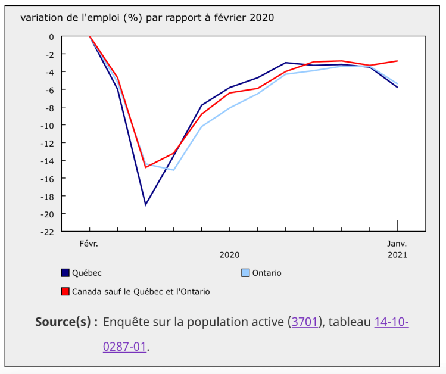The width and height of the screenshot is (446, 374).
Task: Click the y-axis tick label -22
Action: pyautogui.click(x=47, y=232)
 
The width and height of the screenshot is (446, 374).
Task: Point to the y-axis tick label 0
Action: pyautogui.click(x=51, y=37)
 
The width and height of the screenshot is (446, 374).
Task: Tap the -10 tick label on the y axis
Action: pyautogui.click(x=47, y=125)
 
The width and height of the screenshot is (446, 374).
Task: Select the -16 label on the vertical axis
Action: pyautogui.click(x=47, y=179)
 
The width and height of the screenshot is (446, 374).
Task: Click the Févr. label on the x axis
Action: pyautogui.click(x=89, y=244)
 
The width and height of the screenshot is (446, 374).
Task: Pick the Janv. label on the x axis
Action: pyautogui.click(x=397, y=244)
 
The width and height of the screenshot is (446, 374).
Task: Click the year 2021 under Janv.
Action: pyautogui.click(x=397, y=255)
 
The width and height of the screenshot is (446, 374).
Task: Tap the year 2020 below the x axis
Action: pyautogui.click(x=229, y=255)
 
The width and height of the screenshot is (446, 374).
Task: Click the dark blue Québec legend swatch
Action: pyautogui.click(x=66, y=273)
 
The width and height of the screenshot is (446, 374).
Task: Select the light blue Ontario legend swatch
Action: pyautogui.click(x=245, y=273)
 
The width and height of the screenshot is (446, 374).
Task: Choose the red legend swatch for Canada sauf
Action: pyautogui.click(x=66, y=291)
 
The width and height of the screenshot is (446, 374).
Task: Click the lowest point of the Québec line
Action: pyautogui.click(x=145, y=205)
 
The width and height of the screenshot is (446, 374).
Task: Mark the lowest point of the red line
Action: pyautogui.click(x=145, y=167)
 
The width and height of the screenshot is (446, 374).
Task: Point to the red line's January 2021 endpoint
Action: pyautogui.click(x=397, y=61)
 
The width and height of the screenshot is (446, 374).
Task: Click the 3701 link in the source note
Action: pyautogui.click(x=304, y=322)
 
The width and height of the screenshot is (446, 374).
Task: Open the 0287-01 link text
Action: pyautogui.click(x=124, y=347)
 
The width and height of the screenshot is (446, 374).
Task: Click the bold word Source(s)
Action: pyautogui.click(x=66, y=322)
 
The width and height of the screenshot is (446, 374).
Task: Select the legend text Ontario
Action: pyautogui.click(x=267, y=273)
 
